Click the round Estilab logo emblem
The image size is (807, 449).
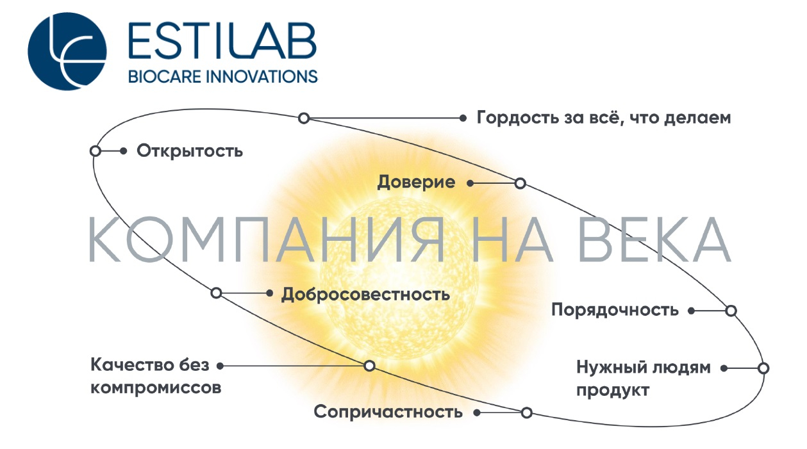[x=67, y=51]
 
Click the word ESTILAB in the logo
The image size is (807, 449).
[x=222, y=41]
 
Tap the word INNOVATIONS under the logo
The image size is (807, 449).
[x=262, y=77]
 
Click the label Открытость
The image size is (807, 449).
[x=190, y=151]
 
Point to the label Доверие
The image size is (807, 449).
[x=416, y=182]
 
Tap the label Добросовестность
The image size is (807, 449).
[x=365, y=295]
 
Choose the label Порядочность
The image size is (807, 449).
[x=615, y=310]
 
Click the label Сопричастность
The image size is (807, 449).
[x=388, y=412]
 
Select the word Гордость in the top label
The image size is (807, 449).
[x=517, y=118]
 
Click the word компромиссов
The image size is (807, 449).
[x=156, y=388]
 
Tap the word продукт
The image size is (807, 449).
[x=613, y=391]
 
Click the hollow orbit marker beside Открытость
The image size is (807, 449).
[x=96, y=151]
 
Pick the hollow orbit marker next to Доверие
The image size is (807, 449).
[x=520, y=183]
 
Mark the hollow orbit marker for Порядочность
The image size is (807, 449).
[x=731, y=311]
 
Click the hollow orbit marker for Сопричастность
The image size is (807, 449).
[x=526, y=412]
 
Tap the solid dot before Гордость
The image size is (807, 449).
[x=463, y=118]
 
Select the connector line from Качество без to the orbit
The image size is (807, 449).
[x=294, y=366]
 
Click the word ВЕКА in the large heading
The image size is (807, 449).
[x=654, y=240]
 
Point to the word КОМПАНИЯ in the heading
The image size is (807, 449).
[x=266, y=240]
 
